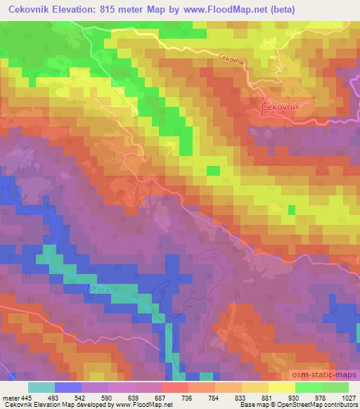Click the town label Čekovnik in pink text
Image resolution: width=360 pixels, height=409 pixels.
(x=281, y=106)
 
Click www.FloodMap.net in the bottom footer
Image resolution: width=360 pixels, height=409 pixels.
(x=143, y=405)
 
